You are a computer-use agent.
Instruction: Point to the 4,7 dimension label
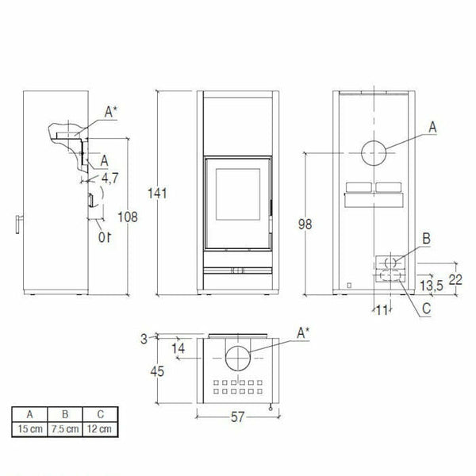coord(109,179)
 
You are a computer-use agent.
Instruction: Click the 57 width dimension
coord(236,416)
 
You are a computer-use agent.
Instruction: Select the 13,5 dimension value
coord(432,286)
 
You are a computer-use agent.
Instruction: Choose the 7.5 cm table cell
coord(67,429)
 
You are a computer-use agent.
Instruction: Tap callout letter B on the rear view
coord(426,237)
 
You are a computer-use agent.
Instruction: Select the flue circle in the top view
coord(236,358)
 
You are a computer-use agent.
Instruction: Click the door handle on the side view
coord(20,225)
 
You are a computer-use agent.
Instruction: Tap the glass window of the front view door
coord(236,198)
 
